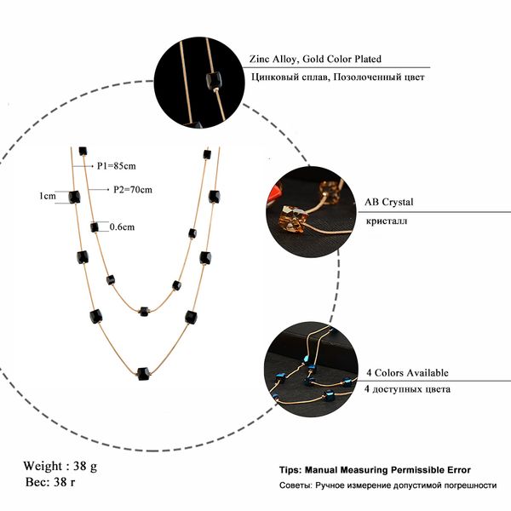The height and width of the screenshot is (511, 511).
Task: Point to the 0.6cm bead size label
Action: pyautogui.click(x=123, y=227)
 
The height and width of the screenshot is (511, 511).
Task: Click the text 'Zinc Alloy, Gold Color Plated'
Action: pyautogui.click(x=315, y=60)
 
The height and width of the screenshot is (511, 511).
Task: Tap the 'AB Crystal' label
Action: pyautogui.click(x=389, y=202)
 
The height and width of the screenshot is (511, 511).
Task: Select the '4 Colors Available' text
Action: pyautogui.click(x=407, y=373)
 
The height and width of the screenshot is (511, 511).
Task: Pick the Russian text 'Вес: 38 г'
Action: pyautogui.click(x=51, y=483)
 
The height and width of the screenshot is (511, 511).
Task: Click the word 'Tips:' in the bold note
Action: pyautogui.click(x=292, y=469)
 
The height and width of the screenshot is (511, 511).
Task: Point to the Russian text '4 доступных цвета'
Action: pyautogui.click(x=408, y=389)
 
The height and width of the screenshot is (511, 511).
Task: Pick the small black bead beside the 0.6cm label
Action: pyautogui.click(x=95, y=227)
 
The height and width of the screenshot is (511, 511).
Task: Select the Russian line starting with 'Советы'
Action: pyautogui.click(x=388, y=485)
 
